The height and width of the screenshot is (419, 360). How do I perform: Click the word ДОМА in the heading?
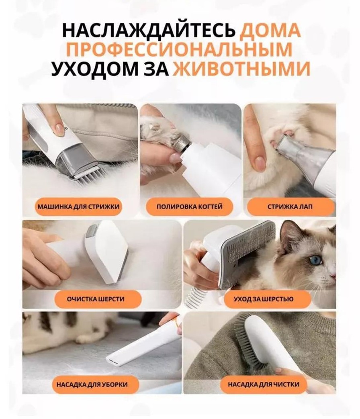(x=270, y=31)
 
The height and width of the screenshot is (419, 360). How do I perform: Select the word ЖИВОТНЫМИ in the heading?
(x=241, y=69)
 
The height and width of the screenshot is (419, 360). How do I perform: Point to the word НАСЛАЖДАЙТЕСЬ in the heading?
(x=149, y=31)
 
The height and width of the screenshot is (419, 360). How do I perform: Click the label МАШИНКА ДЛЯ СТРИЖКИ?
(x=79, y=206)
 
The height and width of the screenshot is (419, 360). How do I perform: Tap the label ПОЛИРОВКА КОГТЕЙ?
(x=190, y=206)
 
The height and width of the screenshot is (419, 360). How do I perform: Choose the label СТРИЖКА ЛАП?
(x=290, y=206)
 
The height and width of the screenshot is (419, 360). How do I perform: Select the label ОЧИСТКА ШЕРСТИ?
(x=96, y=299)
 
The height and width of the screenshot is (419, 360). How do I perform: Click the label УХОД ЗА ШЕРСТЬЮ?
(x=264, y=299)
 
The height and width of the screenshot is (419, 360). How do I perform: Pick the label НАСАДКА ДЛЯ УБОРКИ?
(x=92, y=384)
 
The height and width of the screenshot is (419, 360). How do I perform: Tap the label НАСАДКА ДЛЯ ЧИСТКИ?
(x=264, y=384)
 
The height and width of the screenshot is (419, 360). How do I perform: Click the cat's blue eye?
(x=317, y=260)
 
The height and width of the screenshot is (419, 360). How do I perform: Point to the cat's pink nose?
(x=333, y=275)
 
